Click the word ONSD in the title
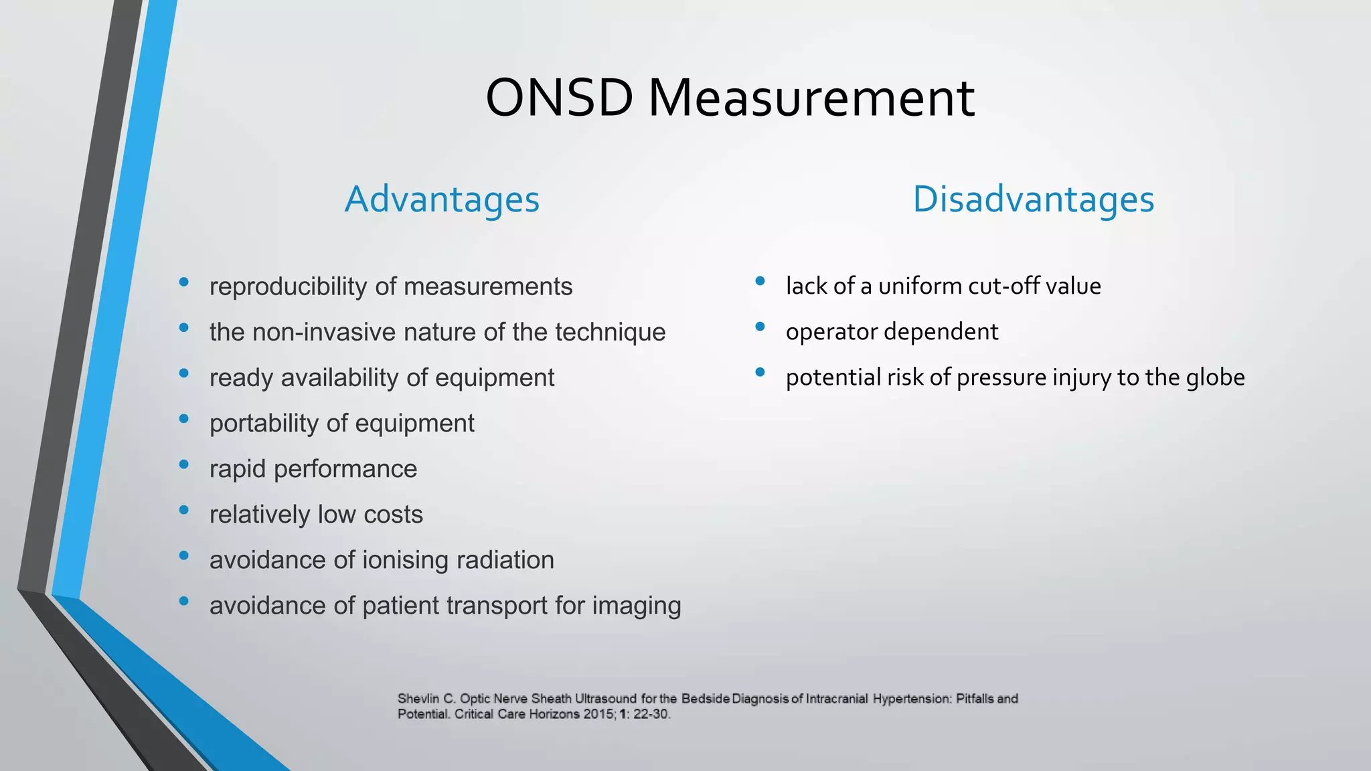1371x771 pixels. click(559, 98)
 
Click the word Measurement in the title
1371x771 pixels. click(811, 98)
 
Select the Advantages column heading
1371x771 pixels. click(442, 199)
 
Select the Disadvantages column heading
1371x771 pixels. click(1033, 199)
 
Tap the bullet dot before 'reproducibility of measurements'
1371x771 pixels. click(184, 282)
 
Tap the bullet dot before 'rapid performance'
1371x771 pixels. click(184, 464)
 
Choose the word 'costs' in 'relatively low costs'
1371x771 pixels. click(393, 515)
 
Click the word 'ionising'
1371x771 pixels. click(405, 560)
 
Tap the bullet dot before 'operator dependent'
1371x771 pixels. click(760, 327)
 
